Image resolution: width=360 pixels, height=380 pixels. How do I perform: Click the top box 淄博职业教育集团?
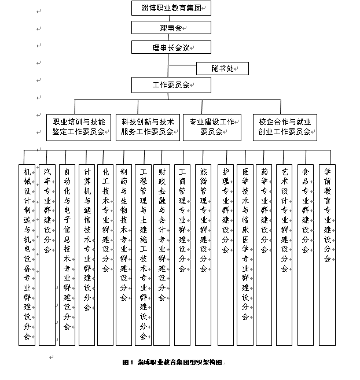click(171, 8)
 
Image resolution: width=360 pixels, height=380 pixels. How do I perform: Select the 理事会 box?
click(171, 27)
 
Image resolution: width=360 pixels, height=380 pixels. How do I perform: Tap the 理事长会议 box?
click(171, 47)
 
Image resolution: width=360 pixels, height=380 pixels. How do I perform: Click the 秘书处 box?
click(222, 69)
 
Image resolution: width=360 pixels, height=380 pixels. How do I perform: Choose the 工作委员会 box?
click(171, 85)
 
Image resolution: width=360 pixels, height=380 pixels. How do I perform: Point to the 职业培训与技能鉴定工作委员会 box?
click(79, 127)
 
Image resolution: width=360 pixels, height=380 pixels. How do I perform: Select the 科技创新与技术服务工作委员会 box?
click(148, 127)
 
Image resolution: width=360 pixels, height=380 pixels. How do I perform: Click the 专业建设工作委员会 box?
click(212, 127)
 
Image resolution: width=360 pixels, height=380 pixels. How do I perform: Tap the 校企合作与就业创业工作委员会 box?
click(285, 127)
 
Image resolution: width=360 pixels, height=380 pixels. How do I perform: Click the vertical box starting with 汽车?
click(47, 255)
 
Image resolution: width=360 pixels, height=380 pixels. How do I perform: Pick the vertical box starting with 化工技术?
click(105, 255)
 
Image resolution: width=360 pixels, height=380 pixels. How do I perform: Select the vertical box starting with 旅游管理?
click(203, 255)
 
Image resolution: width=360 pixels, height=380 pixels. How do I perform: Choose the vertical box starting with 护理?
click(226, 255)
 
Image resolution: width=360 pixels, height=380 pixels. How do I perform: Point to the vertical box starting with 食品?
click(306, 255)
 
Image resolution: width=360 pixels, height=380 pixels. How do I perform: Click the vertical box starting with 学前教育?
click(327, 255)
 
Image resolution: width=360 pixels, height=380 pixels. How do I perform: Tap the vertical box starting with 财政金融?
click(162, 255)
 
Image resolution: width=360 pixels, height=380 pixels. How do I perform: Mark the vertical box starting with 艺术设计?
click(284, 255)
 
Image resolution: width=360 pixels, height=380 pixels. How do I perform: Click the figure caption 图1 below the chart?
click(128, 363)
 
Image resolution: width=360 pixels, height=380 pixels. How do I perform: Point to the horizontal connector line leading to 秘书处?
click(182, 65)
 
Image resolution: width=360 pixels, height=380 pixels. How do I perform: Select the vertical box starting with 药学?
click(264, 255)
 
